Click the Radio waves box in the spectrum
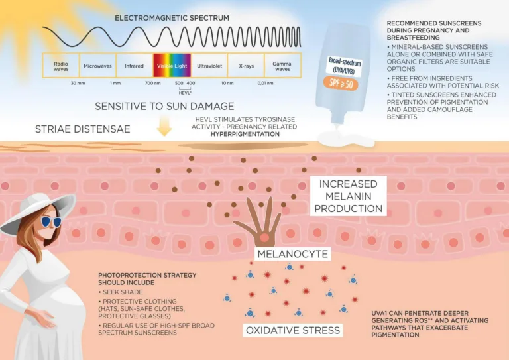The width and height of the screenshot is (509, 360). click(x=61, y=66)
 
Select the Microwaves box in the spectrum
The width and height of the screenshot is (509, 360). click(x=97, y=66)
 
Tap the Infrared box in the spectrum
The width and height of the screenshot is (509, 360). click(x=134, y=66)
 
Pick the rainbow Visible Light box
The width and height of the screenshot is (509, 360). click(x=172, y=66)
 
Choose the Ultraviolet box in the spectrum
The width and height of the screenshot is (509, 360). click(x=209, y=66)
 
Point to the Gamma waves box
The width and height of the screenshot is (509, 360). click(x=282, y=66)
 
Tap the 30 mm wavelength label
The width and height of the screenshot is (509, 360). click(x=78, y=83)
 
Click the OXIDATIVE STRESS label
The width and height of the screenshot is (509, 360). click(x=293, y=330)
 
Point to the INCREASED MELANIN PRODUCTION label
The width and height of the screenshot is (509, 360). click(x=349, y=196)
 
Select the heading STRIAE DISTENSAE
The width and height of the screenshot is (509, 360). click(x=82, y=129)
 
